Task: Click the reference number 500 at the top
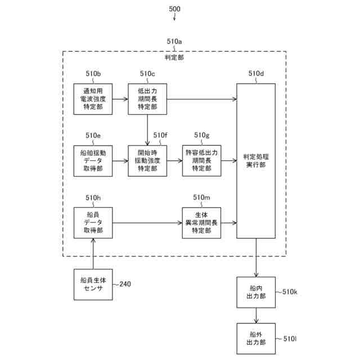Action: [174, 9]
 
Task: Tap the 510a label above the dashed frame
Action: [174, 42]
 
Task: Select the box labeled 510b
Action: [93, 99]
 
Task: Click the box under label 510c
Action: [147, 99]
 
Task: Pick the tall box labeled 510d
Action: [256, 161]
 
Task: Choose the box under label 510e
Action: [93, 161]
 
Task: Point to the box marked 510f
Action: [147, 161]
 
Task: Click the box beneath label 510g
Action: [201, 161]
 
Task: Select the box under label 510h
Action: [93, 223]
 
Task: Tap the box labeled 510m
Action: [201, 223]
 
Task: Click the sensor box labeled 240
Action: [93, 285]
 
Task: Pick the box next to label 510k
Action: [256, 292]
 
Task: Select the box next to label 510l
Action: [256, 339]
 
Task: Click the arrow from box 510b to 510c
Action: [120, 99]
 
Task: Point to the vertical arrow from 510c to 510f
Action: [147, 130]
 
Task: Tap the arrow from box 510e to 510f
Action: [120, 161]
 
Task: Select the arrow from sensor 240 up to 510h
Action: [93, 254]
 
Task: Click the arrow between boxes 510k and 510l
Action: [256, 316]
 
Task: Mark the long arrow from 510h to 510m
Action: [147, 223]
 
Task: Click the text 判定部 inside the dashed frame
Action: [174, 57]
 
